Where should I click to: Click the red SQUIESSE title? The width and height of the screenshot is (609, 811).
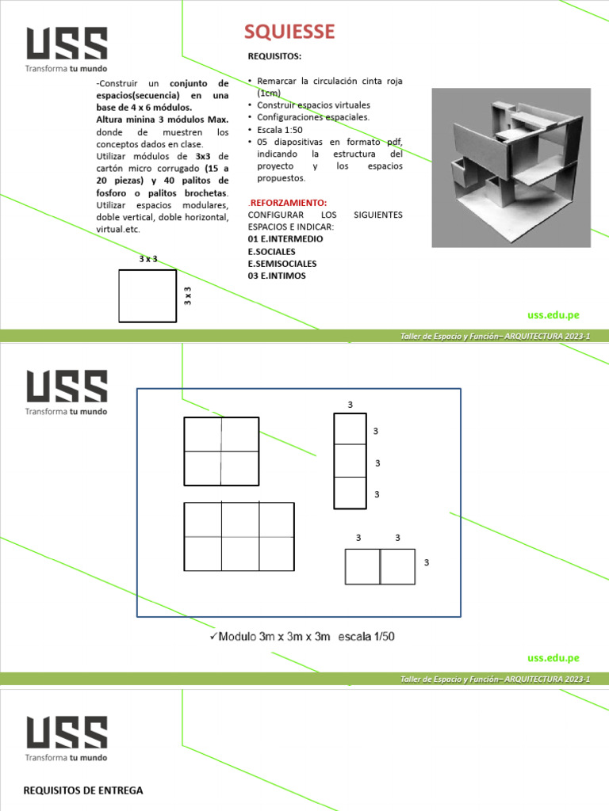coord(289,32)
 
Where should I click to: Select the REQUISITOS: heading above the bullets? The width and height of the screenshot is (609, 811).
coord(274,57)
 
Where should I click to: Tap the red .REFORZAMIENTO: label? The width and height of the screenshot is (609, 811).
coord(287,203)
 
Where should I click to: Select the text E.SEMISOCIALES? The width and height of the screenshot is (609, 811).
coord(282,263)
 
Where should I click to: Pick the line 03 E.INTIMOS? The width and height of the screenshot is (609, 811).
coord(276,276)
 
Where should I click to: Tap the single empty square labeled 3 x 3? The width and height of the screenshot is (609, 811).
coord(147,296)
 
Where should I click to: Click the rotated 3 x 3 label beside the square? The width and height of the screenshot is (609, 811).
coord(188,295)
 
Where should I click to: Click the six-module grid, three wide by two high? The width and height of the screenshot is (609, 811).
coord(239,536)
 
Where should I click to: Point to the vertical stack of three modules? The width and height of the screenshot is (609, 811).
coord(350,460)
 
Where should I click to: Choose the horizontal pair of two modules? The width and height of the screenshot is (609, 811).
coord(380,566)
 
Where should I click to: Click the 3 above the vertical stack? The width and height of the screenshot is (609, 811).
coord(350,405)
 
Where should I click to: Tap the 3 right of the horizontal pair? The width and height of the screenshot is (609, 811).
coord(426,562)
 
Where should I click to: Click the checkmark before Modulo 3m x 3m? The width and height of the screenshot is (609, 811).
coord(213,636)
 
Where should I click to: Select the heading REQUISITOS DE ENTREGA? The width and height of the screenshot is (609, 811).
coord(83,790)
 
